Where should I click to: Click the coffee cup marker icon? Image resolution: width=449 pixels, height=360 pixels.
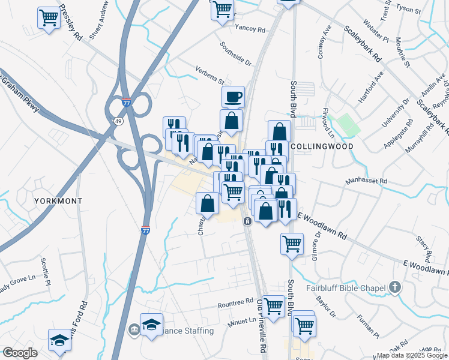(233, 96)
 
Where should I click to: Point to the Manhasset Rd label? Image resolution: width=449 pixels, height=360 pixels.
(367, 181)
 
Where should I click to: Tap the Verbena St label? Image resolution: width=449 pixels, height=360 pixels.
(209, 78)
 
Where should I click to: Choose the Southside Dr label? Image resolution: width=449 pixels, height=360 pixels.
(235, 52)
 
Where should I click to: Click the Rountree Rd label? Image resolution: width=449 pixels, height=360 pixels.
(236, 302)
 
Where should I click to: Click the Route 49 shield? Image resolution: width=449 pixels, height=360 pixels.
(119, 121)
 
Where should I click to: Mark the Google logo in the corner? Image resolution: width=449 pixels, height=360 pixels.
(19, 353)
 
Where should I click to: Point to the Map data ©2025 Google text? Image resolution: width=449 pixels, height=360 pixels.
(411, 355)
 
